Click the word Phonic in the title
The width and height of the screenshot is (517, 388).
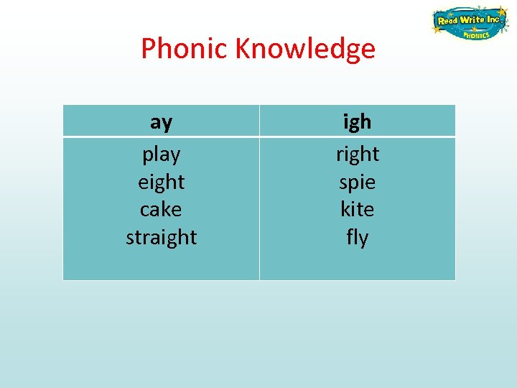coord(184,49)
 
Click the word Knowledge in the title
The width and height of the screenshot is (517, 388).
coord(304,49)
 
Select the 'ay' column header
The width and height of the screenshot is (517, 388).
coord(161,122)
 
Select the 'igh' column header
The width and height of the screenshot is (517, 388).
coord(357,122)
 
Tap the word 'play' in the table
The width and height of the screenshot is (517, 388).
coord(161,154)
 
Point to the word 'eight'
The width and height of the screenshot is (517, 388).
coord(161,182)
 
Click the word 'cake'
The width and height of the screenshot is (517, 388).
coord(161,209)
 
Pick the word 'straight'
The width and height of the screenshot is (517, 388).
coord(161,237)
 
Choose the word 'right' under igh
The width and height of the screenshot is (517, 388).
coord(357,154)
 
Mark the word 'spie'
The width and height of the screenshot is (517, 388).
coord(357,183)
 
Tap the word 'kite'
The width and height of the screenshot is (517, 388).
coord(357,209)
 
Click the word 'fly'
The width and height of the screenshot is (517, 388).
coord(357,237)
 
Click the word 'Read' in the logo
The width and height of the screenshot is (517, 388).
coord(447,21)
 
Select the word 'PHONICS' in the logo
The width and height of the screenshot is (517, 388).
coord(475,34)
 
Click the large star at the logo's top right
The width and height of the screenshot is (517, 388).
coord(501,12)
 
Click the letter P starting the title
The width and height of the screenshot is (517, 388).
coord(148,49)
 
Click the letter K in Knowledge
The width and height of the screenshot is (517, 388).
coord(242,49)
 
